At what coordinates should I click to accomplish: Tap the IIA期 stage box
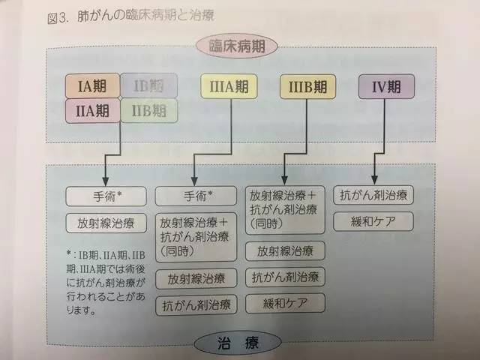click(x=95, y=111)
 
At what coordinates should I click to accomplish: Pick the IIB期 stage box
click(x=148, y=112)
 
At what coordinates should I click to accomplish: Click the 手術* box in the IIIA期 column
click(x=196, y=196)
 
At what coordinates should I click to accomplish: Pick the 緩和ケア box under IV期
click(x=373, y=222)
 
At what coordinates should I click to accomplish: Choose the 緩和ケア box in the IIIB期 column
click(x=288, y=303)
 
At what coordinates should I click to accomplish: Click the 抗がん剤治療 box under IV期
click(x=373, y=195)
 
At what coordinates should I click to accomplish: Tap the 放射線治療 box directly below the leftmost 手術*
click(x=106, y=223)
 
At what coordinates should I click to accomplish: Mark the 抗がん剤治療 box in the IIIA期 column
click(x=196, y=305)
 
